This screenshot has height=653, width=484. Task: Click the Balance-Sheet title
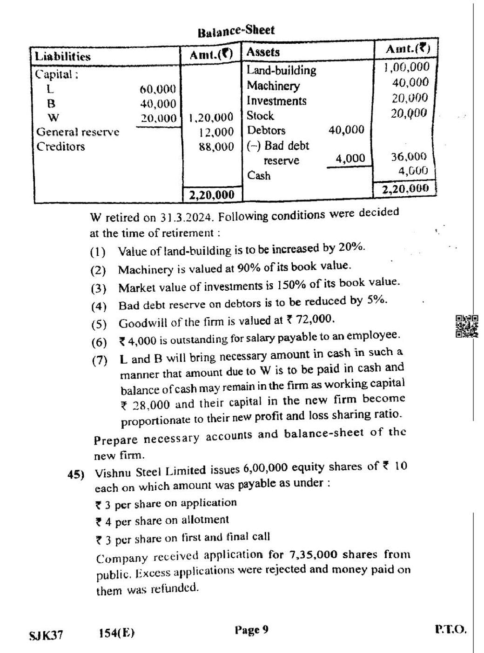pos(236,31)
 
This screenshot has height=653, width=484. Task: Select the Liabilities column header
pos(63,57)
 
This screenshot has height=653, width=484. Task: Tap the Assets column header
pos(263,52)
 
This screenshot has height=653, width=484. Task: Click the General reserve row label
pos(78,132)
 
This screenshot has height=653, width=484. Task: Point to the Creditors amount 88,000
pos(216,147)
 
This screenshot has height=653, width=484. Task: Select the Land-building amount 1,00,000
pos(406,67)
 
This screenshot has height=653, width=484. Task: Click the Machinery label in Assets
pos(273,86)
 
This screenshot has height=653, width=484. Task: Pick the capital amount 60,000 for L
pos(158,89)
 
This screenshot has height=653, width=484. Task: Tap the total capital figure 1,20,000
pos(211,117)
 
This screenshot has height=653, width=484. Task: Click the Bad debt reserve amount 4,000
pos(350,159)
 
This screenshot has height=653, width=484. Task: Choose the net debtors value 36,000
pos(409,157)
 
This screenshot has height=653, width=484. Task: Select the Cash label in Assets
pos(259,176)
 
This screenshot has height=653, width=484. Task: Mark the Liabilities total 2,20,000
pos(212,195)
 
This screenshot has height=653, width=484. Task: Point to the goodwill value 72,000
pos(316,320)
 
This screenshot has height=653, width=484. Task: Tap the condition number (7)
pos(99,360)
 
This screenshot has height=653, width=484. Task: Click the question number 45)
pos(76,474)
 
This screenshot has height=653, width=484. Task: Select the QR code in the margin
pos(467,326)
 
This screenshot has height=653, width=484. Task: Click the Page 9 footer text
pos(251,630)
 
